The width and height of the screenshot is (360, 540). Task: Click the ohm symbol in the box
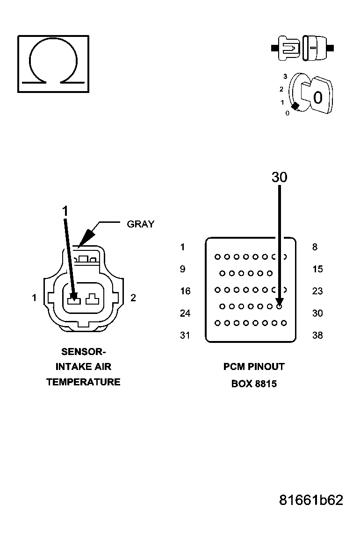point(53,63)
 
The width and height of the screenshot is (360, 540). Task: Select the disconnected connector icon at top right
point(302,48)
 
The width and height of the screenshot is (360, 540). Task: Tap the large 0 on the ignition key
point(318,98)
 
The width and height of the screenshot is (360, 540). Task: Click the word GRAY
point(140,224)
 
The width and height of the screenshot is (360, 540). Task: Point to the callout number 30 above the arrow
point(279,178)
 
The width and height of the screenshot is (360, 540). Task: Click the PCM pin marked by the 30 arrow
point(279,306)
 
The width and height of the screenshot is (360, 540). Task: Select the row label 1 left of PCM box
point(183,247)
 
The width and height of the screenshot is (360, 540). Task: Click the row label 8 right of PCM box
point(315,247)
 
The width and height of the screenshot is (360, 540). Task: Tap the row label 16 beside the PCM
point(185,291)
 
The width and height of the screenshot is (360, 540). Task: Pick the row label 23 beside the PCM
point(317,291)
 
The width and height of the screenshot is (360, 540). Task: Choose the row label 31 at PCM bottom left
point(185,335)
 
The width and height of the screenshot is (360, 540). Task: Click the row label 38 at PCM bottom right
point(317,335)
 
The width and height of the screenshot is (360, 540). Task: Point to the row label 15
point(317,269)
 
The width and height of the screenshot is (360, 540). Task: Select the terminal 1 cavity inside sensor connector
point(73,298)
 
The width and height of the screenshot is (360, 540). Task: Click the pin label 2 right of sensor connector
point(133,298)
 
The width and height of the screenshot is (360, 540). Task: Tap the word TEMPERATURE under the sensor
point(83,382)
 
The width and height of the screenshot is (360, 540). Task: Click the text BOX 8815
point(254,384)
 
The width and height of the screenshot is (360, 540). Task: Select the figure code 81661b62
point(311,500)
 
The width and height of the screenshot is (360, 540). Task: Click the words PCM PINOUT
point(254,367)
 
